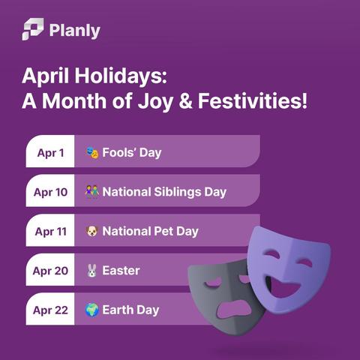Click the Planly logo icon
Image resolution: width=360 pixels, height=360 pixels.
33,29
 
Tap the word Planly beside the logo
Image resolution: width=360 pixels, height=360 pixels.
75,31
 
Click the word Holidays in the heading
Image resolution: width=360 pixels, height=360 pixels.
121,76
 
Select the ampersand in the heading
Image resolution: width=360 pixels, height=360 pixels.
186,100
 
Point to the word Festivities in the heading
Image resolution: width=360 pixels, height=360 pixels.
253,100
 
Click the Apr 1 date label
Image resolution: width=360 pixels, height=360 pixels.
50,153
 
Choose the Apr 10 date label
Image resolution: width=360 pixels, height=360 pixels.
50,192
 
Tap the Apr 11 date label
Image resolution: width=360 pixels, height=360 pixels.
50,232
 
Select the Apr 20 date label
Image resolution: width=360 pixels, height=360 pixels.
50,271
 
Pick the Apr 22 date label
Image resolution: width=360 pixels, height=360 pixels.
50,310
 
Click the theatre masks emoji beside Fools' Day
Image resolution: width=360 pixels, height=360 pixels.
92,152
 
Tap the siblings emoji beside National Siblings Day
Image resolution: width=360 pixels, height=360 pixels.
91,192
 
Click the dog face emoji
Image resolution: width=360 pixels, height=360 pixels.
91,231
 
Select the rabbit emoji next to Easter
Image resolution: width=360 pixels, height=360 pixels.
91,271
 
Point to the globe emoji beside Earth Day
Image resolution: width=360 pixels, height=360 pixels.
91,310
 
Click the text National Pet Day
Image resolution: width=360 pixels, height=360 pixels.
150,232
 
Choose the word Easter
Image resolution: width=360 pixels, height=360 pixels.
121,271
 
